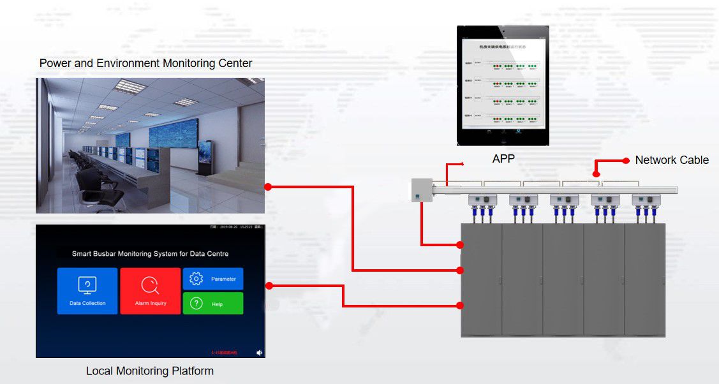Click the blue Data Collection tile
click(87, 291)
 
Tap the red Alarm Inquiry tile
click(151, 291)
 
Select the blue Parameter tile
click(213, 279)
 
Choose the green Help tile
click(213, 304)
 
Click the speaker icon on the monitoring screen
click(259, 352)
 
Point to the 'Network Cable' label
click(672, 160)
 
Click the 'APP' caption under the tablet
click(503, 159)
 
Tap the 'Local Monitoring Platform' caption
click(150, 371)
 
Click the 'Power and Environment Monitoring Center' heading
click(145, 63)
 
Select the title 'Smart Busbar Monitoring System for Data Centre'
click(150, 254)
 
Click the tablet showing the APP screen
click(503, 85)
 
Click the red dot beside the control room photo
click(269, 187)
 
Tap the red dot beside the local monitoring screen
click(269, 285)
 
